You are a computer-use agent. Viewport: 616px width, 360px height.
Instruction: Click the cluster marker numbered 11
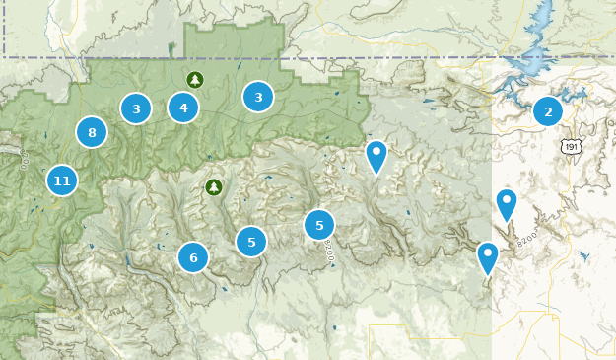click(62, 180)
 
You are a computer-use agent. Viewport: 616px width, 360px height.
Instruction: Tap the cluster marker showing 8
click(92, 132)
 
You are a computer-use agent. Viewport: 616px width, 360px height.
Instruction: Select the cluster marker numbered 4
click(183, 108)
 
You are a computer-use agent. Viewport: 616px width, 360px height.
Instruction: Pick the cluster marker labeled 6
click(193, 257)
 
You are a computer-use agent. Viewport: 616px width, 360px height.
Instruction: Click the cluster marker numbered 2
click(548, 111)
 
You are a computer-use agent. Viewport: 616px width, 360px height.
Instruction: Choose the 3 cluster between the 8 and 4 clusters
click(136, 108)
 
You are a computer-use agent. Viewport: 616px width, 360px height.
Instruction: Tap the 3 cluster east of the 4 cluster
click(258, 97)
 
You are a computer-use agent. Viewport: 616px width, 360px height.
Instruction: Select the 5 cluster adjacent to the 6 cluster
click(251, 241)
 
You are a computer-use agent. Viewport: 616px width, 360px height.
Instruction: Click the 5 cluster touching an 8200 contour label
click(319, 225)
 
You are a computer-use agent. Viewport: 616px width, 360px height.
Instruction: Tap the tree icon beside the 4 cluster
click(195, 79)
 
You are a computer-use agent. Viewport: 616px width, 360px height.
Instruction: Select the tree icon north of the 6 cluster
click(213, 186)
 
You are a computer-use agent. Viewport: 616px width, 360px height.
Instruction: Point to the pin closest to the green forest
click(376, 155)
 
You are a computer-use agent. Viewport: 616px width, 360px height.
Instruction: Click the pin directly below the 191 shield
click(506, 203)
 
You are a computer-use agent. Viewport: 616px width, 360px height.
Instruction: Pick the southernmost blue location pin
click(488, 256)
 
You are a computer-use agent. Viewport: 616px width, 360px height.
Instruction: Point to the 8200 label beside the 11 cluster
click(23, 158)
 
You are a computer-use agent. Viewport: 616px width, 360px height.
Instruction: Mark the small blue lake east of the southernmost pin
click(584, 255)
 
